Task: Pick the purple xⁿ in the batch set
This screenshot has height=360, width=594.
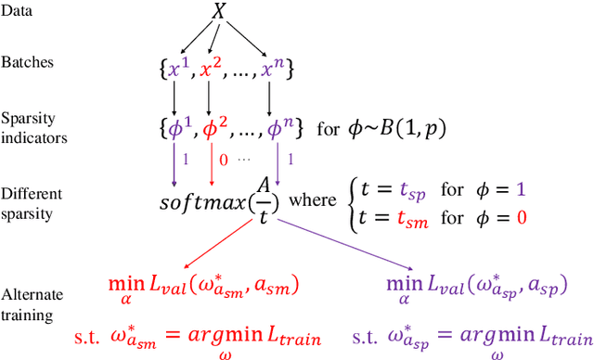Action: click(271, 67)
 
